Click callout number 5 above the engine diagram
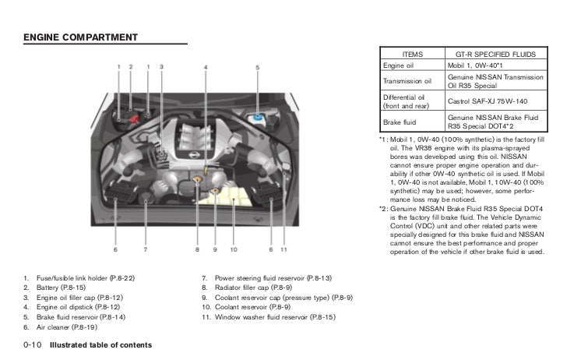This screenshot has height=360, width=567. point(257,67)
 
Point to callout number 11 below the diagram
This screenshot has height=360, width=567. point(283,249)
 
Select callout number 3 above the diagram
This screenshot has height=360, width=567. point(161,67)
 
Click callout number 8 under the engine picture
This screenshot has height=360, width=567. point(197,249)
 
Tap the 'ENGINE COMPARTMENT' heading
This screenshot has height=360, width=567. point(81,37)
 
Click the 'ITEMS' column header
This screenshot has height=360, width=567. point(412,55)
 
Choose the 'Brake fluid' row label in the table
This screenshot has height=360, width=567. point(400,121)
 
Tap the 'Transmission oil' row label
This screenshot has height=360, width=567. point(407,80)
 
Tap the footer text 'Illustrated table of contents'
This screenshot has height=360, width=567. point(100,344)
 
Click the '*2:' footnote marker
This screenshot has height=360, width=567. point(383,209)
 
